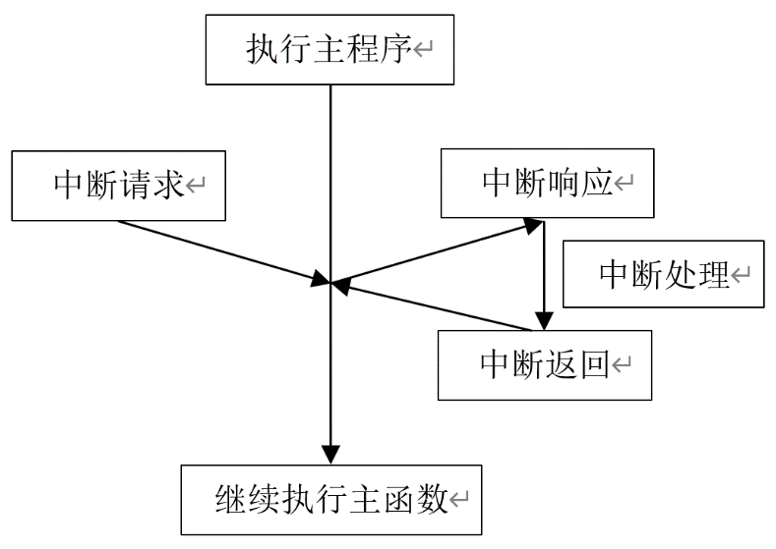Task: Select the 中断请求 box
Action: [x=118, y=185]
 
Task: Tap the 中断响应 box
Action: [x=547, y=183]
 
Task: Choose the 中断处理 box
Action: [x=663, y=274]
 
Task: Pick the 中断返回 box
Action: [x=544, y=364]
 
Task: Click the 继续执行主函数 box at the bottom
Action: [x=331, y=500]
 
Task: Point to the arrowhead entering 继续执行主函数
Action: [x=330, y=455]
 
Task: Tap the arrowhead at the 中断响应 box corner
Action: [x=533, y=226]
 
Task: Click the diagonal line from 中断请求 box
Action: [x=216, y=250]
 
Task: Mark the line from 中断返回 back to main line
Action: [x=433, y=306]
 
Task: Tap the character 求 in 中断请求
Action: [x=170, y=185]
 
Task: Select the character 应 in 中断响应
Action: [x=598, y=183]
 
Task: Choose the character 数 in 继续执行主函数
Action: [x=431, y=500]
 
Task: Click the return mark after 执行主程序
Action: [x=423, y=52]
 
